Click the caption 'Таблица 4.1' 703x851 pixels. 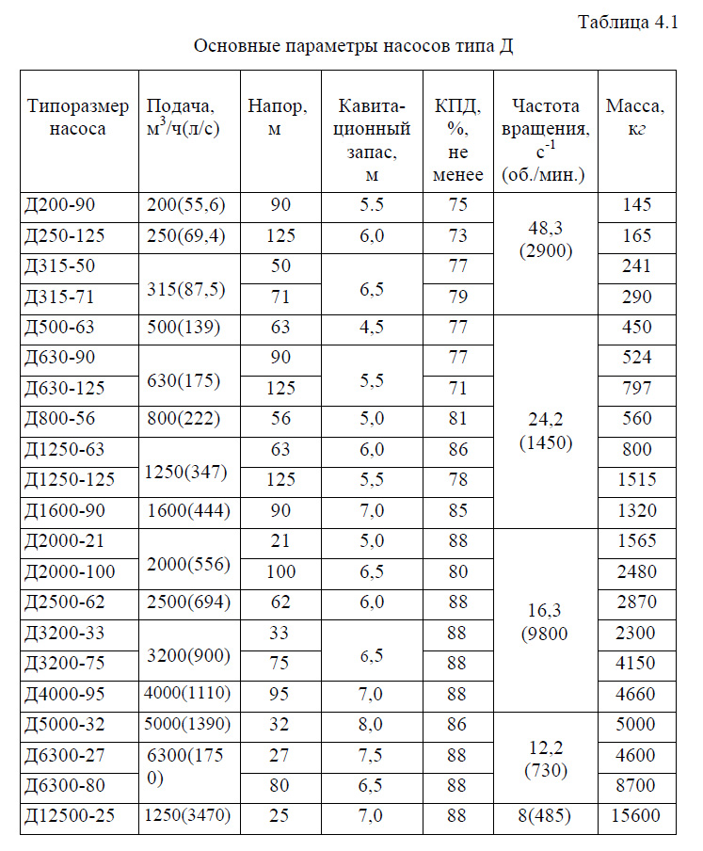(629, 24)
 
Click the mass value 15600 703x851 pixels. (636, 816)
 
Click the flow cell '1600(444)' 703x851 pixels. (188, 510)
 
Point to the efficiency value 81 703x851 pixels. (458, 418)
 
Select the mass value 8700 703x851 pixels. (636, 785)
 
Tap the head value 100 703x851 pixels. (280, 571)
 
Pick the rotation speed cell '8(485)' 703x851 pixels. (546, 816)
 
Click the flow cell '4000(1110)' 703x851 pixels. (188, 694)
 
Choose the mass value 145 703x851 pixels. (636, 204)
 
